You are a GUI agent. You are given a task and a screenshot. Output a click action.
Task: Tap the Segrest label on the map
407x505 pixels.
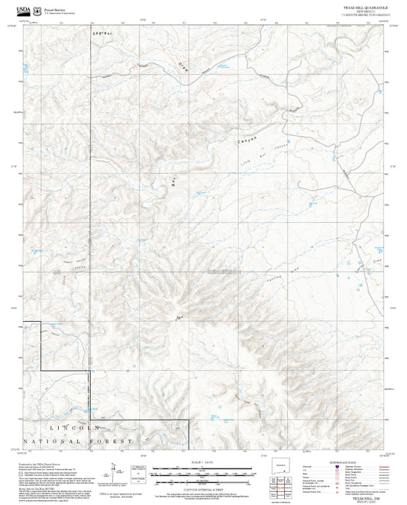click(x=102, y=35)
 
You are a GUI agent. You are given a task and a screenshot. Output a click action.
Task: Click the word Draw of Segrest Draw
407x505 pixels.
click(x=183, y=66)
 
